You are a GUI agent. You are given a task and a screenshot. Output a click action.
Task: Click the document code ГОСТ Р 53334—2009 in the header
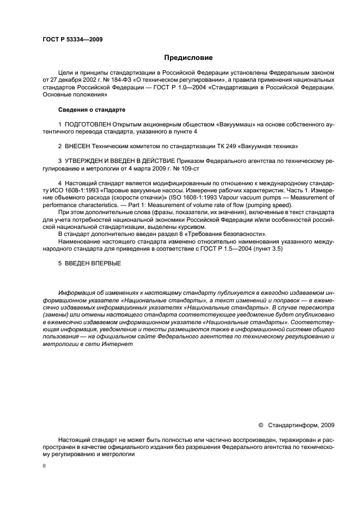point(72,40)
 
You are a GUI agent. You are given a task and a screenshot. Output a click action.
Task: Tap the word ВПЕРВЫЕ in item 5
point(104,263)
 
